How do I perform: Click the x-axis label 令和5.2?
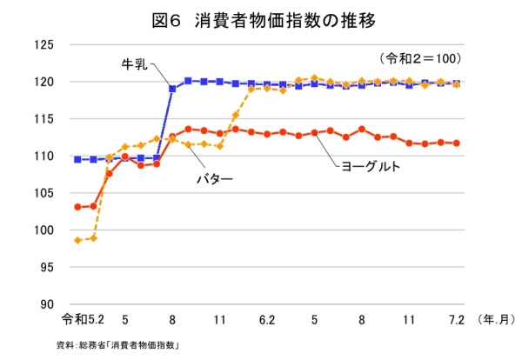point(84,320)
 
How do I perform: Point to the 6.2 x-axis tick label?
point(267,320)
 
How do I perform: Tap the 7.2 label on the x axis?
point(456,320)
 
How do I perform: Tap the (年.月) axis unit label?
point(497,320)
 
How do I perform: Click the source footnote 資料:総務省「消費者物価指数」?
point(117,345)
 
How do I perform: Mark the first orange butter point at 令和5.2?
point(78,240)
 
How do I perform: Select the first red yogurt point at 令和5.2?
point(78,207)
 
